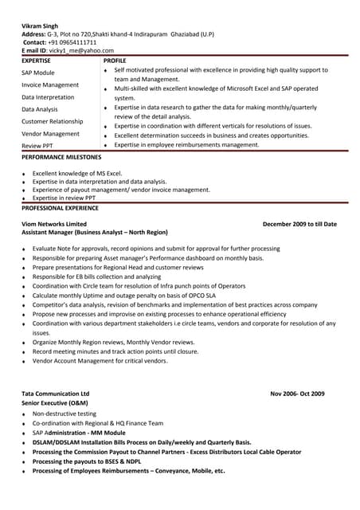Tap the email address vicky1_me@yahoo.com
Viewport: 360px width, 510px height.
82,51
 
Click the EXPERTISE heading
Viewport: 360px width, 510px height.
36,61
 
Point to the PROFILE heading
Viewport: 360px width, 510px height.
115,61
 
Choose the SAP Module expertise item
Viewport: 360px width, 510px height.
38,73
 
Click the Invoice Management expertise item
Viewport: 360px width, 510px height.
50,84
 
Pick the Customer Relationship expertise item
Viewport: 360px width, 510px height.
52,121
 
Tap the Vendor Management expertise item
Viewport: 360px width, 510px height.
50,134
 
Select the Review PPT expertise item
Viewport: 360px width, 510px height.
37,147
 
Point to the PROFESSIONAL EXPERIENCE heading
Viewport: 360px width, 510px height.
60,208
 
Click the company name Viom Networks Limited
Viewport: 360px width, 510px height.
54,225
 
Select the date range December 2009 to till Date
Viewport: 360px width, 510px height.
299,225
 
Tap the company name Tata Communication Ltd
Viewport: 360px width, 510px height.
55,394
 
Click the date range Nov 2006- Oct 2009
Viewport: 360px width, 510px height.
297,394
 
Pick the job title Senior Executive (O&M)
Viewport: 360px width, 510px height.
55,404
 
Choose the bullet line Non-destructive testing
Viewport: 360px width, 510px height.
65,414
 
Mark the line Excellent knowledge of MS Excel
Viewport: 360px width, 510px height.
77,173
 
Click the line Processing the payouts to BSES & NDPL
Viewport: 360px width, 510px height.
87,461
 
